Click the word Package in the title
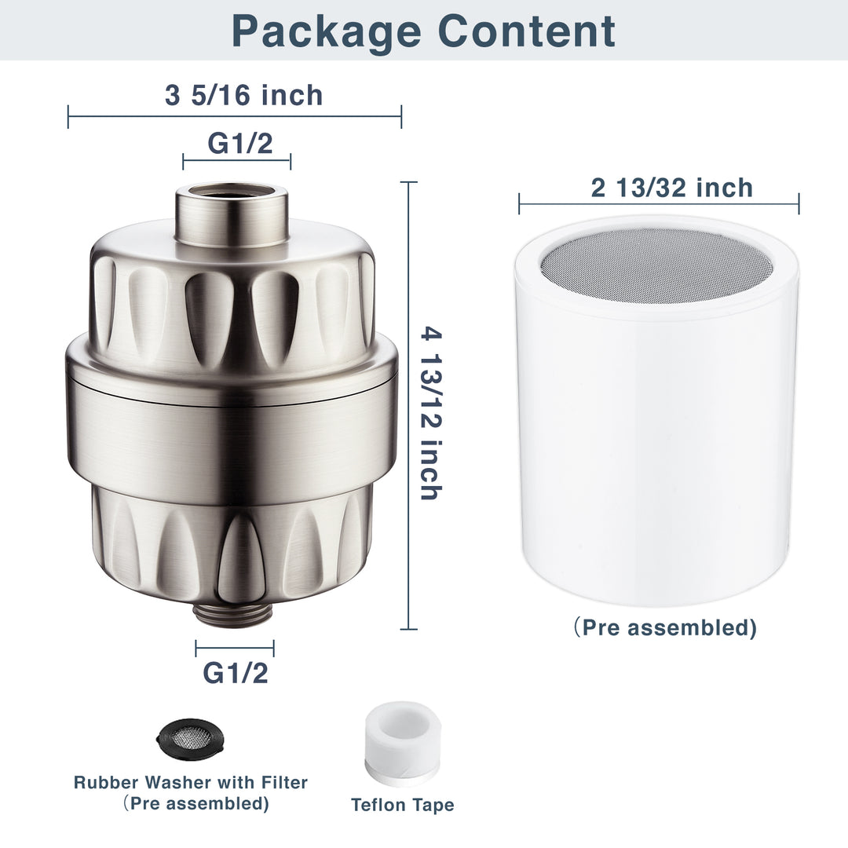point(325,31)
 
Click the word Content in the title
point(526,31)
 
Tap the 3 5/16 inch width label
point(243,95)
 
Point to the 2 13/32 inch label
point(671,188)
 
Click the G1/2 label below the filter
point(236,672)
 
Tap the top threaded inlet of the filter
point(231,212)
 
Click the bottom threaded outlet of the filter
point(233,613)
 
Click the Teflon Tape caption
point(402,805)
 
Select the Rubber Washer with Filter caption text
point(191,782)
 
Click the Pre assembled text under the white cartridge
point(664,628)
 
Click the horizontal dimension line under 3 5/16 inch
point(235,117)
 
